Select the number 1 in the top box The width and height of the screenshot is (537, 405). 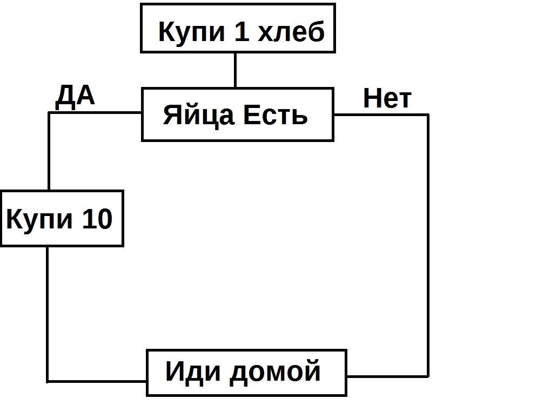(x=242, y=31)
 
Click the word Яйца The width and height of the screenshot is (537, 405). (x=199, y=115)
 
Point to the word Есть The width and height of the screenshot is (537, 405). (x=276, y=115)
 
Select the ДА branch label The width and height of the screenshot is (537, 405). (x=75, y=96)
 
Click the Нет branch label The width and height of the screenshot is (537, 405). (x=387, y=98)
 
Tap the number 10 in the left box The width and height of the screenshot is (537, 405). (x=97, y=219)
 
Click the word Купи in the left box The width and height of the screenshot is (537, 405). (x=39, y=220)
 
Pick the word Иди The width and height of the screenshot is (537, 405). (x=193, y=371)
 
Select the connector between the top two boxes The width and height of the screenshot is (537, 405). (x=236, y=70)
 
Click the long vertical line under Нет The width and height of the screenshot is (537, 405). (x=428, y=246)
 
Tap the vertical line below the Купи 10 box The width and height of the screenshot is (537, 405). (x=47, y=314)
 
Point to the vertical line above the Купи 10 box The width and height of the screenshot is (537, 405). (x=49, y=151)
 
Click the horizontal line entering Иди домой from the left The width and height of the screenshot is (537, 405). (x=97, y=381)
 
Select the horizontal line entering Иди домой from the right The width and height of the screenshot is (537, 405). (x=388, y=376)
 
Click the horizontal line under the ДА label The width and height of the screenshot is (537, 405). (x=95, y=112)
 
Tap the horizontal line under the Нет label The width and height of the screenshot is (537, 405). (x=381, y=114)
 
